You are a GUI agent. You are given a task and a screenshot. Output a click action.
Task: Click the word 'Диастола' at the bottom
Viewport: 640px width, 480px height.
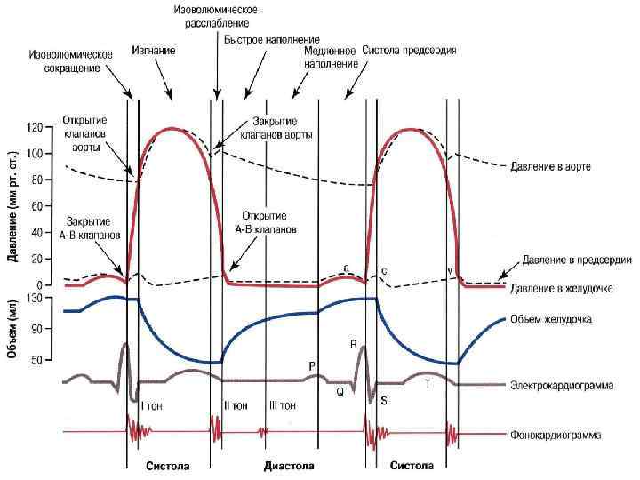(289, 466)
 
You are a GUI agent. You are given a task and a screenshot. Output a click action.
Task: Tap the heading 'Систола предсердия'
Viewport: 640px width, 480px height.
(410, 51)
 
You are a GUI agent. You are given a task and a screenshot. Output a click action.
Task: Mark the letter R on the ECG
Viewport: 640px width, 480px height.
(353, 343)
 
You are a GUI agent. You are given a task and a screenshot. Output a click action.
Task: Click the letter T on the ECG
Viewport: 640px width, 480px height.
(428, 384)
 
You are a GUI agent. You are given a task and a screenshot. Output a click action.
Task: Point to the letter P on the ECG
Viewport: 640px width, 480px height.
(311, 365)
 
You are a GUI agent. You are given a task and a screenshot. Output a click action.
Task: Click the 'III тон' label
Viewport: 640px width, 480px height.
(282, 405)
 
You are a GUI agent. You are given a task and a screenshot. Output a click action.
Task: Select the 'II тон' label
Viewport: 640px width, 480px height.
(236, 405)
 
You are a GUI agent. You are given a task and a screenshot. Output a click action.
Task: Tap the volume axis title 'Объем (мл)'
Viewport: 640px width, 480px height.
(15, 329)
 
